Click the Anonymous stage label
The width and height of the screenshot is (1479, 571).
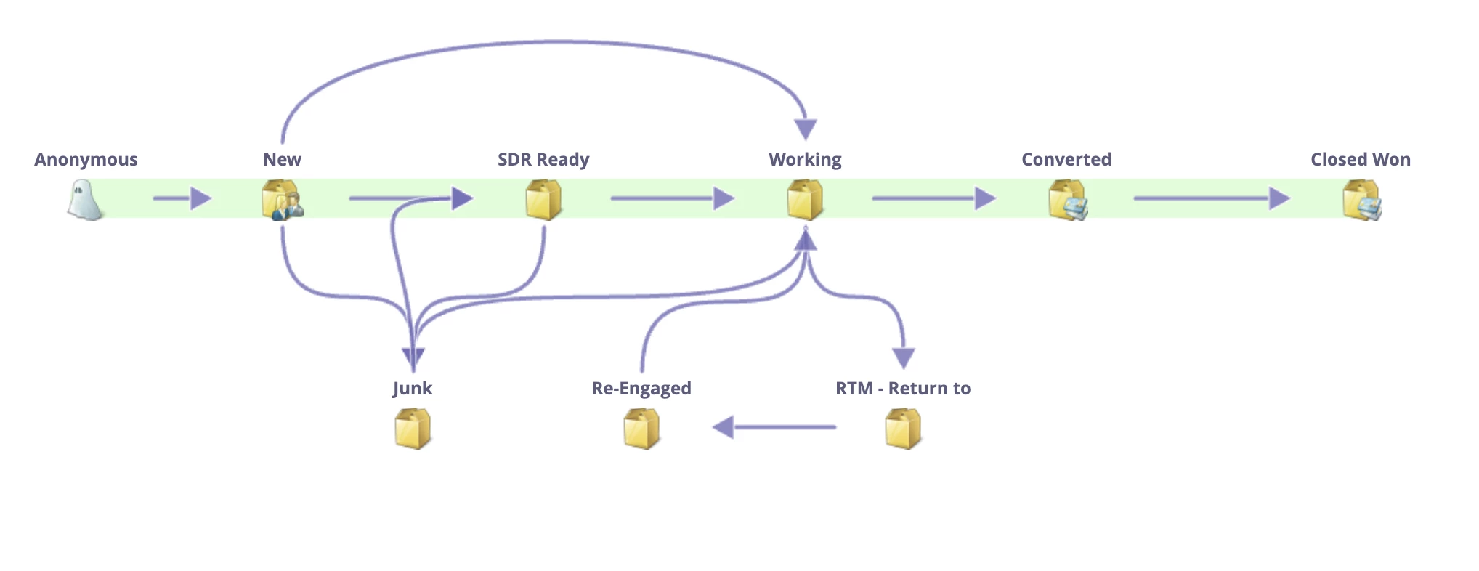(86, 160)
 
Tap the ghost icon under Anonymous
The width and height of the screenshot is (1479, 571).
(85, 200)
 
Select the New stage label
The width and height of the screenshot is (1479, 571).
(282, 160)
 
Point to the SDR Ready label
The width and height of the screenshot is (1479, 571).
(543, 160)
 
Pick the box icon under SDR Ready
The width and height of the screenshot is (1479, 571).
(543, 200)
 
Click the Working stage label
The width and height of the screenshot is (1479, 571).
(805, 160)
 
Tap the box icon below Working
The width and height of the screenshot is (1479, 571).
(805, 200)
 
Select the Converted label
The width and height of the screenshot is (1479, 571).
(1066, 160)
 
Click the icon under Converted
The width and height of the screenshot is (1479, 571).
(1067, 200)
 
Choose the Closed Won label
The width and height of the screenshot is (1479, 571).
(1361, 160)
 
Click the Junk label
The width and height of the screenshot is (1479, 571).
(413, 389)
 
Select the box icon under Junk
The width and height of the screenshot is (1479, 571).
(413, 429)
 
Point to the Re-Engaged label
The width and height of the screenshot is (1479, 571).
(641, 389)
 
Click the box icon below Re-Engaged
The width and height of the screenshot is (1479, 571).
(641, 429)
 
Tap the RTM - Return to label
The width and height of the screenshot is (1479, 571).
(903, 389)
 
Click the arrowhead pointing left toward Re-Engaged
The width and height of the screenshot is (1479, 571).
(724, 427)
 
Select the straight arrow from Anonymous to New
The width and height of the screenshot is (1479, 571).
(182, 198)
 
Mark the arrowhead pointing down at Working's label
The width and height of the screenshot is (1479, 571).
(805, 129)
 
